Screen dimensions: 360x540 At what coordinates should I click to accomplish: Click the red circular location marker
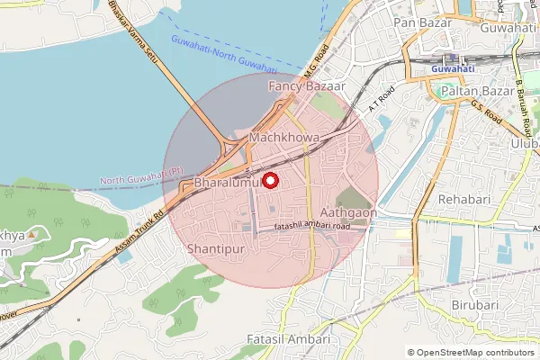click(x=267, y=180)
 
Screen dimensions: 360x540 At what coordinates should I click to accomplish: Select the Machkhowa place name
click(x=284, y=138)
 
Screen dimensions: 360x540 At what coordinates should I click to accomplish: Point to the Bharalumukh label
click(x=227, y=184)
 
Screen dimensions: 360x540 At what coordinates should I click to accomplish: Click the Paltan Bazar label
click(x=471, y=91)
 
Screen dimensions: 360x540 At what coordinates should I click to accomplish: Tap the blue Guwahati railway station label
click(x=453, y=68)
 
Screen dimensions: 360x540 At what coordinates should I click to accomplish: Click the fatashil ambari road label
click(x=311, y=227)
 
